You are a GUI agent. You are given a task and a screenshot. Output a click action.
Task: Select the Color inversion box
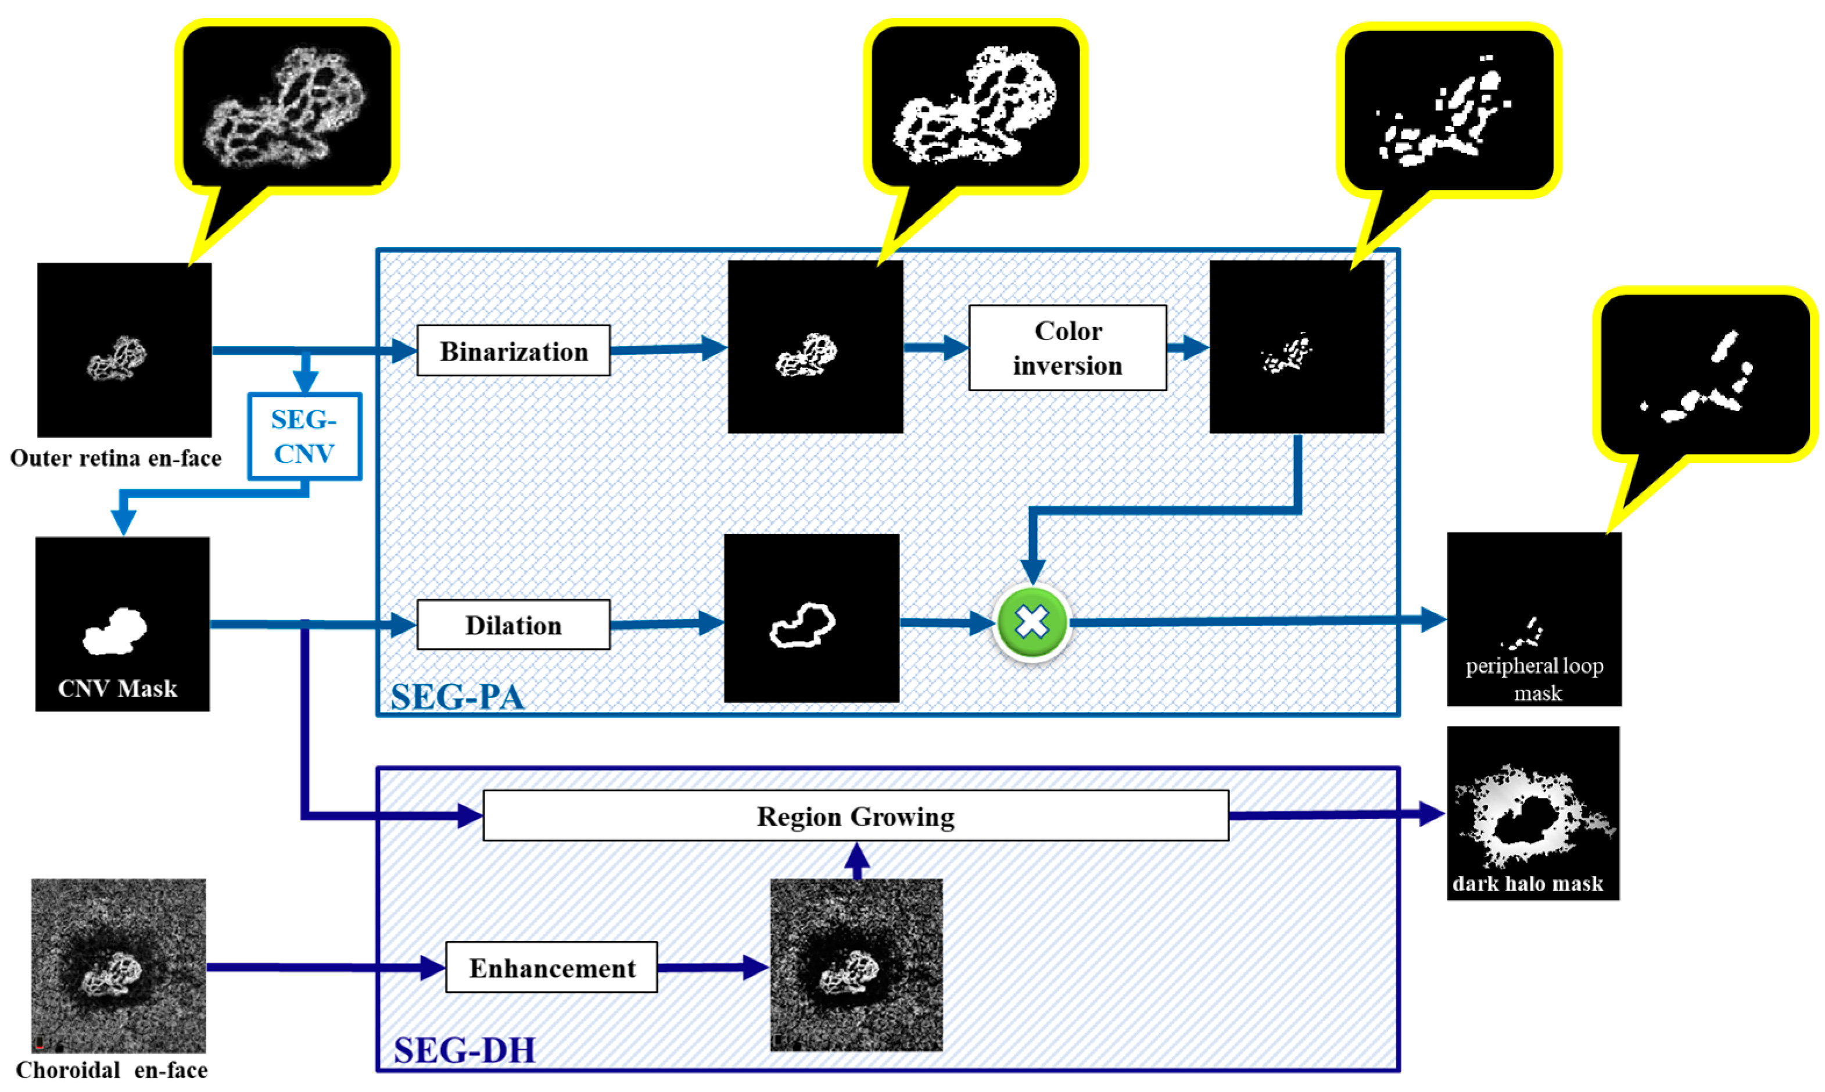coord(1067,348)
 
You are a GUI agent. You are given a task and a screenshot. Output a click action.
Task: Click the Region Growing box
coord(855,816)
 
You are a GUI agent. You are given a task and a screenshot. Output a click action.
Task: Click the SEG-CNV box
coord(304,436)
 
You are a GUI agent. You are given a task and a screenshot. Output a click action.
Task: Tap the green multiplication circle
coord(1031,622)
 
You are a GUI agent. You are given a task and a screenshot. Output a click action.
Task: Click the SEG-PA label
coord(457,696)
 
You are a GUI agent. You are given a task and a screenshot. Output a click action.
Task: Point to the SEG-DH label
coord(464,1050)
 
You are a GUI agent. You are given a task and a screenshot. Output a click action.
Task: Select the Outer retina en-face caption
coord(116,459)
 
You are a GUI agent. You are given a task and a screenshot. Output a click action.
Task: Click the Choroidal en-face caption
coord(112,1070)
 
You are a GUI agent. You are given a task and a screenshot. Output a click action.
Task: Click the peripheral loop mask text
coord(1534,678)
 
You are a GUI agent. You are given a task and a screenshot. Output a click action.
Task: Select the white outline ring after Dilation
coord(802,625)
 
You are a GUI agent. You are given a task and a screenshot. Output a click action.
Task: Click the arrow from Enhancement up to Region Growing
coord(857,860)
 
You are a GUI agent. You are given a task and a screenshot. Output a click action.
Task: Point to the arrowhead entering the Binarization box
coord(404,350)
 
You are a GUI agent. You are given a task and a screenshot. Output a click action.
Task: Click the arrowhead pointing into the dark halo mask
coord(1430,814)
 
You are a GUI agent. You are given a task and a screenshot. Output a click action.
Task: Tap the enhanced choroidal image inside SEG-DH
coord(855,965)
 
